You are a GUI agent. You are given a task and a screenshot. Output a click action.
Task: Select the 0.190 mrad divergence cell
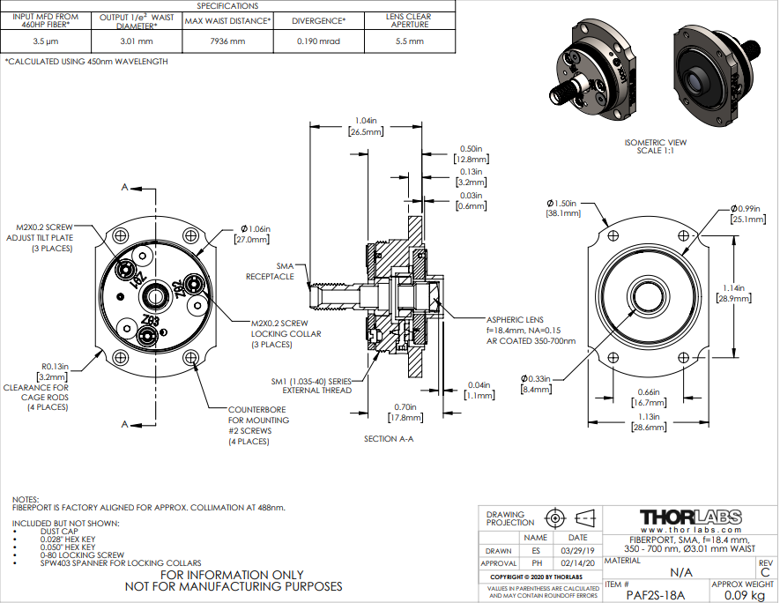coord(318,41)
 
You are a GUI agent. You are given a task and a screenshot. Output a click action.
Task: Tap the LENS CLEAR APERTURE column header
coord(408,19)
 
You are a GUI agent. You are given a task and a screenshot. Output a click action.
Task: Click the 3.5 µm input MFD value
coord(45,41)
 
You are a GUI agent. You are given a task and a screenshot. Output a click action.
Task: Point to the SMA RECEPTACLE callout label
coord(272,271)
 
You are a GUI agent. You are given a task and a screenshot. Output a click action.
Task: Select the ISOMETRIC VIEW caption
coord(655,142)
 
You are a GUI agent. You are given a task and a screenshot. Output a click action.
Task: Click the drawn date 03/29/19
coord(577,550)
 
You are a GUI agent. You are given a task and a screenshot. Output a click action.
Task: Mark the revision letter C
coord(764,571)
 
